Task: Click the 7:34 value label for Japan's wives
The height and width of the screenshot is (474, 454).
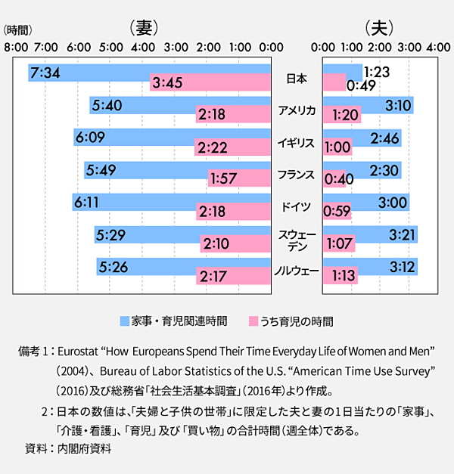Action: pos(45,73)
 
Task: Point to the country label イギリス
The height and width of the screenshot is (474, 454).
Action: pos(297,143)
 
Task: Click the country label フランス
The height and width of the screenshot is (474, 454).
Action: pos(297,175)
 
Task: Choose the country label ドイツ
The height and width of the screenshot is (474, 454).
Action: pos(297,206)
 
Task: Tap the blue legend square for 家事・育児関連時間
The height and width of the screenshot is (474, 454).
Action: pos(125,321)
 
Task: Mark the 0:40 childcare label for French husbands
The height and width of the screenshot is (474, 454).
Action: pos(337,179)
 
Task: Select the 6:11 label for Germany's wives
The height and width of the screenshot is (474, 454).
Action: pos(86,202)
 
